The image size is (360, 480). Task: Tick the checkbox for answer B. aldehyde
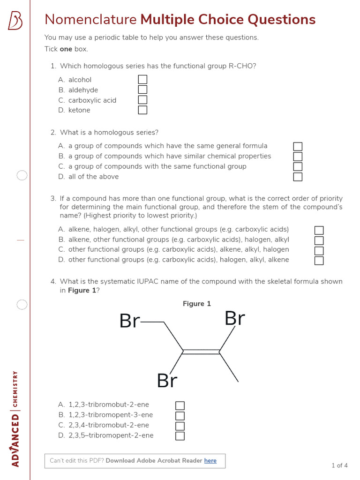142,90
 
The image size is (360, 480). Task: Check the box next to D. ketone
142,110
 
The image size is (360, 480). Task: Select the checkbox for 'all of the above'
298,177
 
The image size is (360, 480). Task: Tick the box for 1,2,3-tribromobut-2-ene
180,405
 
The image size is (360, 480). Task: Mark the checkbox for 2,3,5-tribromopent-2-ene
180,436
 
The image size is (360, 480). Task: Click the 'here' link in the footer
210,461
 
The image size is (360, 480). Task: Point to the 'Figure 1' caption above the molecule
197,304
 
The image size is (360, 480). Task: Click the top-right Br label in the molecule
235,319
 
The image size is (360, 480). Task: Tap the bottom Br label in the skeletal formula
167,381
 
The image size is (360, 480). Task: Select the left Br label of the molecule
129,322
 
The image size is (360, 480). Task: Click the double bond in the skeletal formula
201,352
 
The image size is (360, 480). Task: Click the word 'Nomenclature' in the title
90,20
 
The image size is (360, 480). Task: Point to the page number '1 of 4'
339,465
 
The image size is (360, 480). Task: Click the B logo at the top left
15,21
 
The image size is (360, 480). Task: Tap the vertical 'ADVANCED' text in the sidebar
15,440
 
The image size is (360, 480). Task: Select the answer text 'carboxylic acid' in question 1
92,100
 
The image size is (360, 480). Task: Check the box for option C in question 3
319,250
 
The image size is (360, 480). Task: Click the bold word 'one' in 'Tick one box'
66,49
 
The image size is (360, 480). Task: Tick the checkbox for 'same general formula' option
298,147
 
